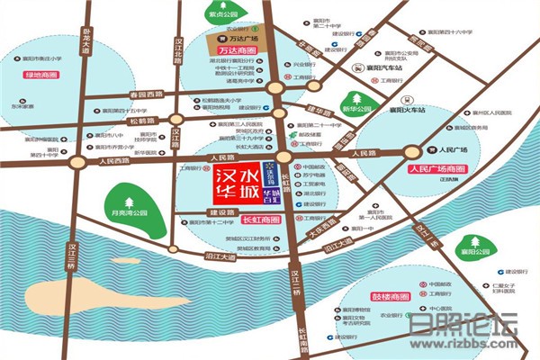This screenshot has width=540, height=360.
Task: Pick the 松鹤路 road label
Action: pos(142,120)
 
